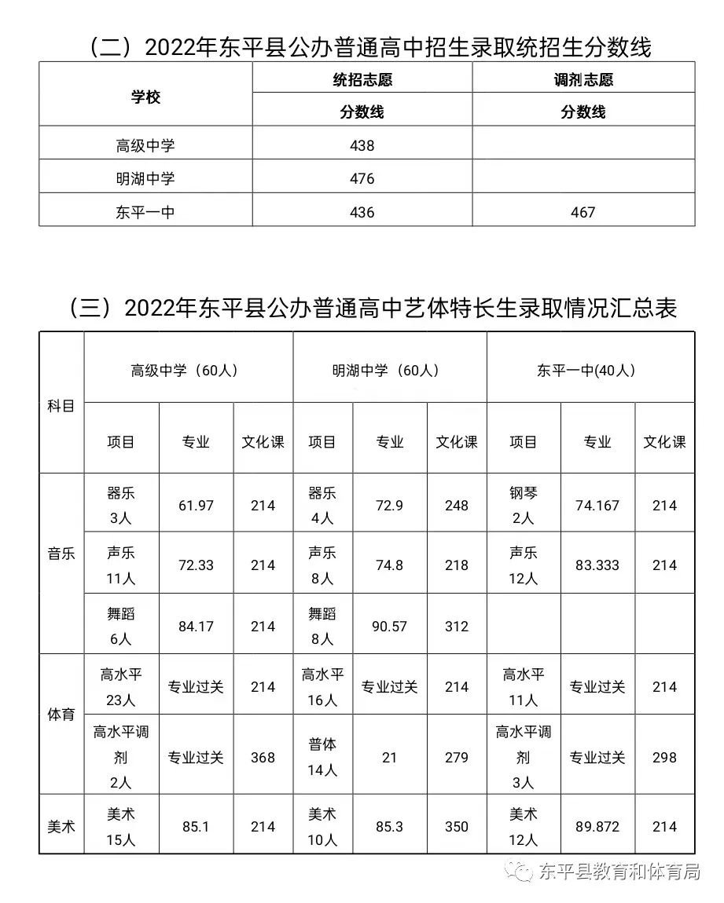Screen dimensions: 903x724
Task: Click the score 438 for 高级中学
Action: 362,145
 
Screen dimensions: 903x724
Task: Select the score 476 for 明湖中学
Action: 362,179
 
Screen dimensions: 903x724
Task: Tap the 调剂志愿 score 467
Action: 583,212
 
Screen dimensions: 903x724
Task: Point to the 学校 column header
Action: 145,97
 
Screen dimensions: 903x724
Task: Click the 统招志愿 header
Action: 362,79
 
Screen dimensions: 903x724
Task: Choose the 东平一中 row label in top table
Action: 145,212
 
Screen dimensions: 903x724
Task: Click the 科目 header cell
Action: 61,406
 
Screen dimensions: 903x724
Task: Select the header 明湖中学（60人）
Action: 389,371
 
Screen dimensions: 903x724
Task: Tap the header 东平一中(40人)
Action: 590,371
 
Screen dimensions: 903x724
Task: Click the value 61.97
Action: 196,506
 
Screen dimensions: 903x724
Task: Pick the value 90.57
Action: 389,627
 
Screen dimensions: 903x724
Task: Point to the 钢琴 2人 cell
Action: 523,505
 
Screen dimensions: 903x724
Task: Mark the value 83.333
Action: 597,565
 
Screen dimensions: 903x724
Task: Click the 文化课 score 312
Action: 456,627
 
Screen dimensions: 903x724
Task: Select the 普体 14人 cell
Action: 322,757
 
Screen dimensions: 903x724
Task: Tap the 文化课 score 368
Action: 263,758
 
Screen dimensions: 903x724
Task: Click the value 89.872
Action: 597,827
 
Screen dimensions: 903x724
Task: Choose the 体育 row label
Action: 61,715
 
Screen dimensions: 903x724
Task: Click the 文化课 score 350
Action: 456,827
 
